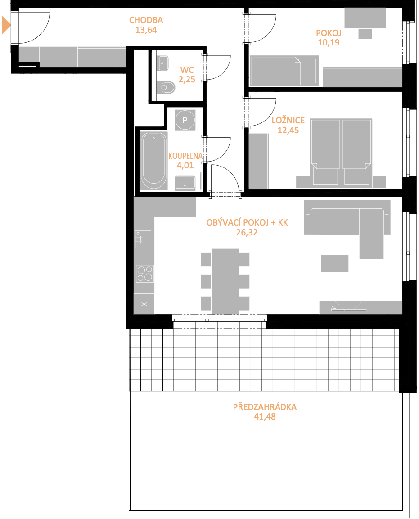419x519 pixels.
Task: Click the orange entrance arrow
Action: tap(6, 25)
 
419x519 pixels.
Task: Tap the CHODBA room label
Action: tap(146, 20)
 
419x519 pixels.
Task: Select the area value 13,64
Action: tap(146, 30)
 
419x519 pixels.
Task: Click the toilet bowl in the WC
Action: tap(168, 87)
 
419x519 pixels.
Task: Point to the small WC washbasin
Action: tap(163, 63)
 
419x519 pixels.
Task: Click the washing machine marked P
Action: tap(185, 120)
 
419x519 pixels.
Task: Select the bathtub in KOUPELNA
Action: tap(153, 161)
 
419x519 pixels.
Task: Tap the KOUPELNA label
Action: tap(185, 156)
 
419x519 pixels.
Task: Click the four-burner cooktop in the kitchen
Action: tap(145, 273)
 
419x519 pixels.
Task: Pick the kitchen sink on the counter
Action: tap(143, 239)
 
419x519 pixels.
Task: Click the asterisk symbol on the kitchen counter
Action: tap(144, 304)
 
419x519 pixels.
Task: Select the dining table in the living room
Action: tap(225, 281)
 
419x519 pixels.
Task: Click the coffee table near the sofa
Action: tap(334, 263)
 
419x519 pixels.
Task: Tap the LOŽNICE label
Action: tap(288, 120)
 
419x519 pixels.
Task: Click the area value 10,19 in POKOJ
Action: tap(329, 42)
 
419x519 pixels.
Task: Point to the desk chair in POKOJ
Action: tap(365, 33)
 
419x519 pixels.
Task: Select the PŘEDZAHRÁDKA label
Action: tap(265, 407)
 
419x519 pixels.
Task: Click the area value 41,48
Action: tap(265, 417)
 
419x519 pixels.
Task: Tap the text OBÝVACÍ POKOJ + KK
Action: tap(247, 222)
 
